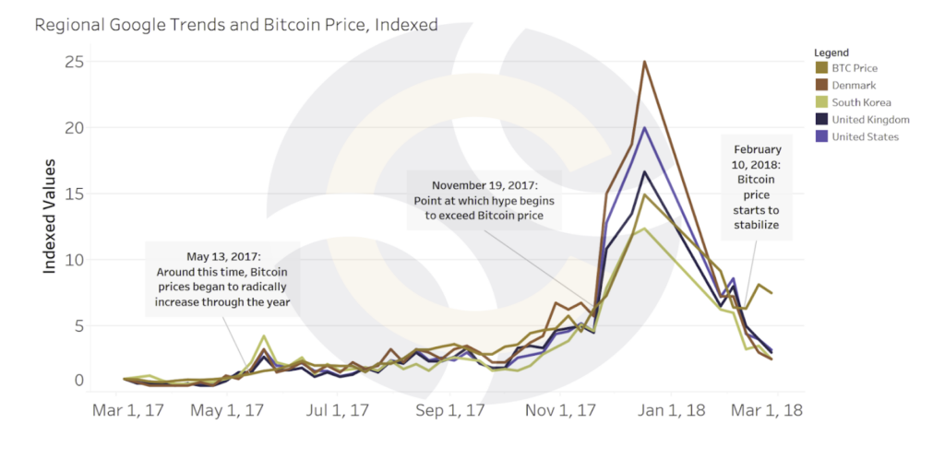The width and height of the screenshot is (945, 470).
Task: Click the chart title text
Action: [x=236, y=25]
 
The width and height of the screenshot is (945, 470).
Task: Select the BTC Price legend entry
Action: [x=854, y=68]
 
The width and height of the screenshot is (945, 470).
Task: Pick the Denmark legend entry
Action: [x=853, y=85]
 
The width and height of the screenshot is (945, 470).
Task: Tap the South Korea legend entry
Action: [x=860, y=102]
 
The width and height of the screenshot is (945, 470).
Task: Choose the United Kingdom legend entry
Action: [x=869, y=120]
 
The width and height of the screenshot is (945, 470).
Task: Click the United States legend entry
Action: [x=864, y=137]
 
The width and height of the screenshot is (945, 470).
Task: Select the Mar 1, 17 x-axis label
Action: [x=128, y=409]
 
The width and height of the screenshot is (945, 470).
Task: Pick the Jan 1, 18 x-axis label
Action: [x=671, y=409]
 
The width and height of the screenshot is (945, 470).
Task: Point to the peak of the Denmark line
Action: [x=644, y=62]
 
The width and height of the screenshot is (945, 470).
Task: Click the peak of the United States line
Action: [x=645, y=127]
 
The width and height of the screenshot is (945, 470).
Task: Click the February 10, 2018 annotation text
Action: [x=757, y=187]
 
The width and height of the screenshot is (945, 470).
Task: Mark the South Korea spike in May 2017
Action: [x=264, y=336]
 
